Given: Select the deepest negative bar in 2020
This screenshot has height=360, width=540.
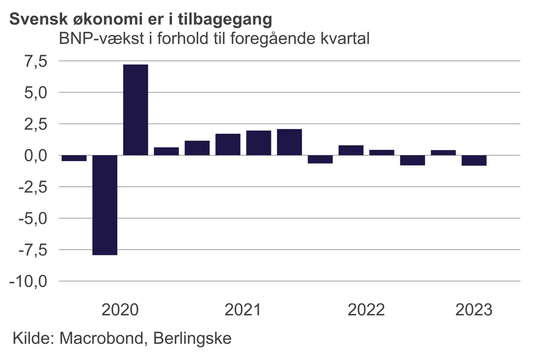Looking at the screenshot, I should pyautogui.click(x=105, y=205).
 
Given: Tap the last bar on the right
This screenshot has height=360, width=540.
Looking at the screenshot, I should pyautogui.click(x=474, y=160).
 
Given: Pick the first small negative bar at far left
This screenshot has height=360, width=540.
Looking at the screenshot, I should pyautogui.click(x=74, y=158).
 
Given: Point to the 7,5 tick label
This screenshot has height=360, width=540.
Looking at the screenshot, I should pyautogui.click(x=36, y=61).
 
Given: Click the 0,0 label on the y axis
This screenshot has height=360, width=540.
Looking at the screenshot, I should pyautogui.click(x=36, y=155).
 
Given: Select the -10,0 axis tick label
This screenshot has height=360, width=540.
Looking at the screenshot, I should pyautogui.click(x=29, y=281).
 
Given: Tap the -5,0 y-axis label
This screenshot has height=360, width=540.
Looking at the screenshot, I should pyautogui.click(x=33, y=218).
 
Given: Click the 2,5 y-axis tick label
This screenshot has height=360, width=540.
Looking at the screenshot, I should pyautogui.click(x=36, y=124).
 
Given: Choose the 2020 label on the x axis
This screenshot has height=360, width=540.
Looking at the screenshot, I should pyautogui.click(x=120, y=310).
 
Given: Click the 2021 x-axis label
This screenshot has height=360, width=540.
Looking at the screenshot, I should pyautogui.click(x=243, y=310).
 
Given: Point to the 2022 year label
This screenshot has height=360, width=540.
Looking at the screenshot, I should pyautogui.click(x=366, y=310).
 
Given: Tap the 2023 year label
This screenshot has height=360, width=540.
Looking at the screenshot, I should pyautogui.click(x=474, y=310).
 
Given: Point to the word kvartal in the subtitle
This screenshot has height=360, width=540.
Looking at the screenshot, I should pyautogui.click(x=345, y=39).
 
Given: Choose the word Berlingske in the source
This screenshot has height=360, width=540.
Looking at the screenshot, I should pyautogui.click(x=192, y=339).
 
